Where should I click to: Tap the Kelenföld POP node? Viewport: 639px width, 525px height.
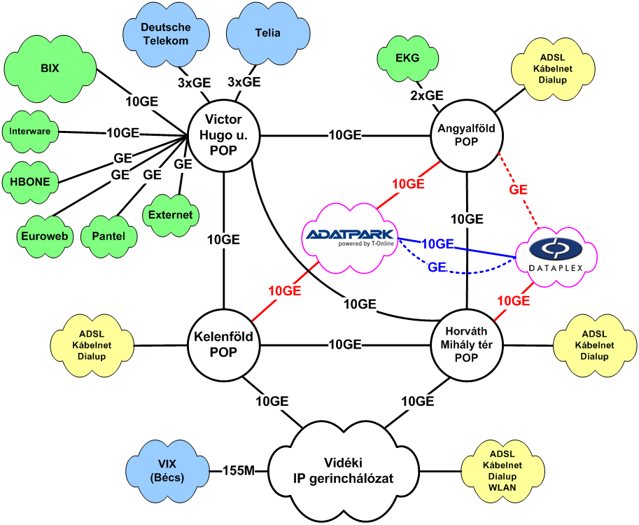point(223,344)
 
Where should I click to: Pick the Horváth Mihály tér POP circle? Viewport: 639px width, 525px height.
point(466,344)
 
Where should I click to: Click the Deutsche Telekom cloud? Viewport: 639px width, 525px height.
point(165,34)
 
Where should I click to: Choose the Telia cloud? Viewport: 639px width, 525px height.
point(263,32)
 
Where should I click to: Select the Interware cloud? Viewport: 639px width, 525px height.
point(29,131)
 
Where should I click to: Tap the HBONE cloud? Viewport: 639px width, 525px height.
point(29,181)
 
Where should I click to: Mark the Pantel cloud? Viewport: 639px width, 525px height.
point(108,236)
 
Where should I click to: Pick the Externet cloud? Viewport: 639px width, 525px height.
point(171,215)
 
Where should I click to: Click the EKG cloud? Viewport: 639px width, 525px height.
point(407,58)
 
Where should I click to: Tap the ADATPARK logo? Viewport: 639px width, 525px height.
point(349,237)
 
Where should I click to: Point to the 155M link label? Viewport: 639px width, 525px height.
point(239,471)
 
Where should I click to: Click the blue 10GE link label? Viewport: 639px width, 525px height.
point(437,244)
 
